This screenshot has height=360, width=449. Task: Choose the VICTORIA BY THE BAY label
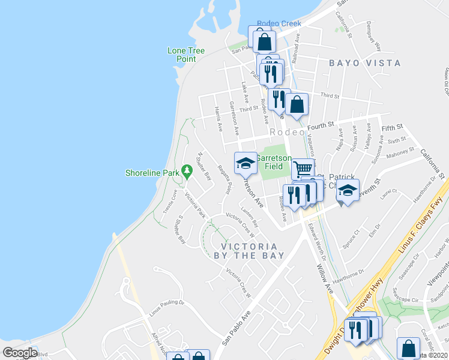pyautogui.click(x=249, y=251)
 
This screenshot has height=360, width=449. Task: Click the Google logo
pyautogui.click(x=20, y=352)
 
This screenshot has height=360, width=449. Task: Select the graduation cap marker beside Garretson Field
pyautogui.click(x=245, y=163)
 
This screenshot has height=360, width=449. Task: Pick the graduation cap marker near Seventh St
pyautogui.click(x=347, y=190)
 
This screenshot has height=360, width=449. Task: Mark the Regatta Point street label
pyautogui.click(x=224, y=179)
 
